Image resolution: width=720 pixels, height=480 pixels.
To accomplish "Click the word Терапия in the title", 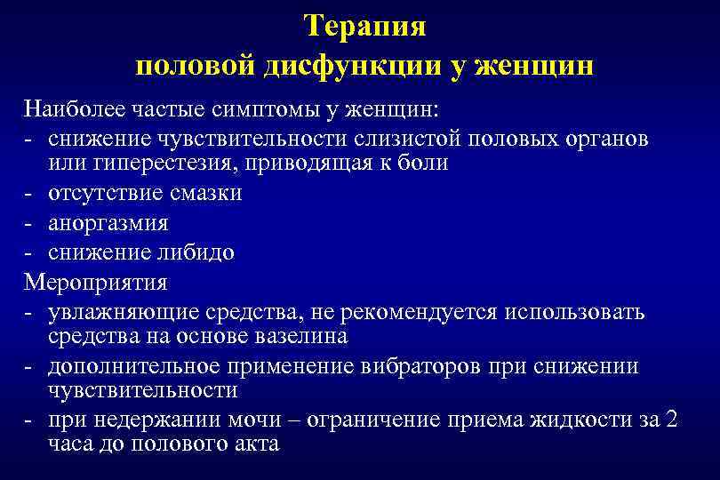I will click(364, 26).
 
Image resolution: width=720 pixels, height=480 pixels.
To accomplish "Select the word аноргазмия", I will click(108, 222).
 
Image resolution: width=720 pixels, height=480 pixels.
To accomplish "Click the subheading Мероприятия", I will click(96, 282).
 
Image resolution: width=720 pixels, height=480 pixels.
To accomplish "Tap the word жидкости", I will click(562, 420).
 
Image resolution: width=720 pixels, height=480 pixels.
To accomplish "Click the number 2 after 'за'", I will click(670, 420).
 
